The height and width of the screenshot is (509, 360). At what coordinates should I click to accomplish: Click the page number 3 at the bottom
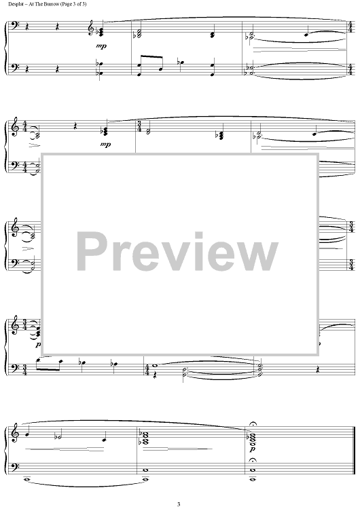179,504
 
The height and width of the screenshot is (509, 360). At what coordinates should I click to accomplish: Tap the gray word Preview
177,253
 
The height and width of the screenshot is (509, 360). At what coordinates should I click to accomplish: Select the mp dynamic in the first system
101,46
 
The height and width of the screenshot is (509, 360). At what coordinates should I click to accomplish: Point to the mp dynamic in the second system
106,144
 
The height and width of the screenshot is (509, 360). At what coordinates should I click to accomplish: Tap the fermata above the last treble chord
252,425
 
